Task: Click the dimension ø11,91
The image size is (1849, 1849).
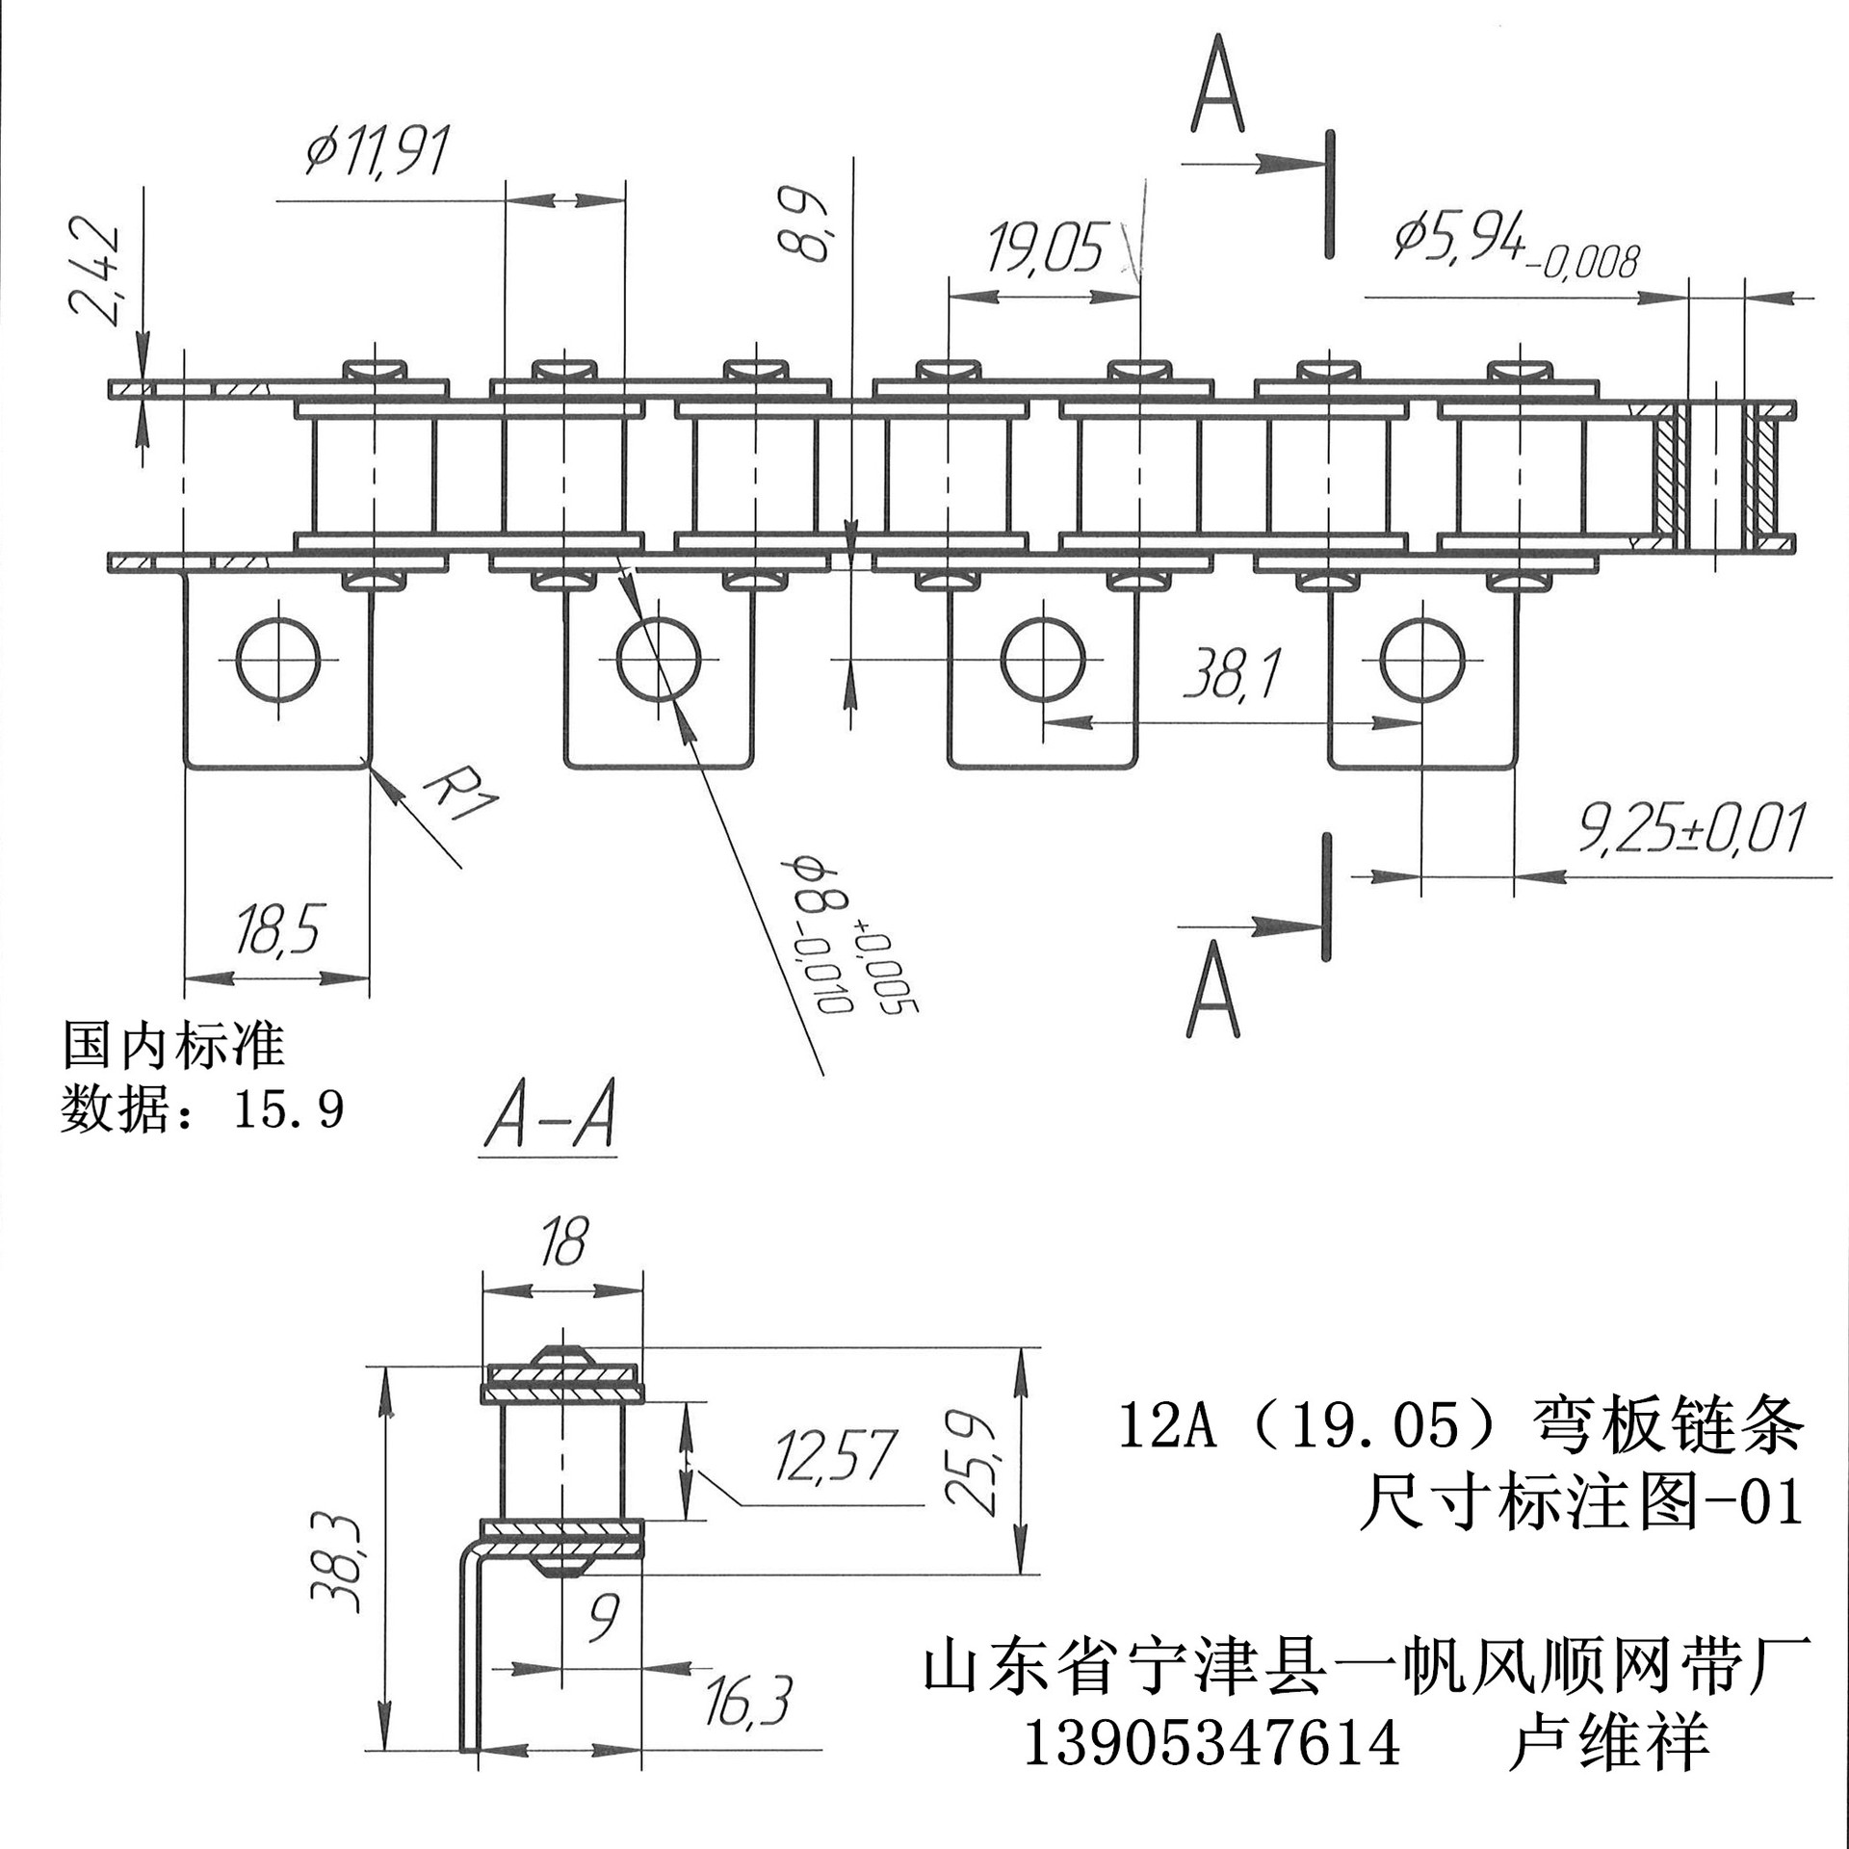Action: pyautogui.click(x=376, y=152)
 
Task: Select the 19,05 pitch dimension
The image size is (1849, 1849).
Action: pyautogui.click(x=1045, y=248)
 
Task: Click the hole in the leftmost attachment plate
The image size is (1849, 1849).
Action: pyautogui.click(x=277, y=660)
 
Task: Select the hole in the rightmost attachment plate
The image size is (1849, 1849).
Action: pyautogui.click(x=1421, y=660)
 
